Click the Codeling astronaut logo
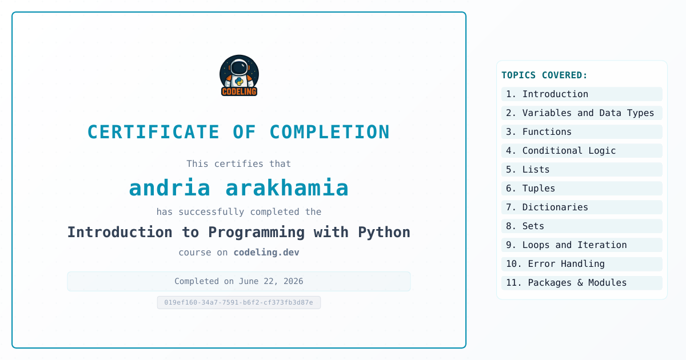239,75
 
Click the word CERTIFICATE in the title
153,132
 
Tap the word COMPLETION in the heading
329,132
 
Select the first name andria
170,187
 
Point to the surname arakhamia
287,187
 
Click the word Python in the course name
384,233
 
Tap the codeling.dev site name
266,252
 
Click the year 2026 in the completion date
293,281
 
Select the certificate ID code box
239,302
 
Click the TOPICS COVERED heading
544,75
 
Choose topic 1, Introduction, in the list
582,94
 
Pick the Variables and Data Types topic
582,113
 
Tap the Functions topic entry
582,131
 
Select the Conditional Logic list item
582,151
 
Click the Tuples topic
582,188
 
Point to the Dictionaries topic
582,207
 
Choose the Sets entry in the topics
582,226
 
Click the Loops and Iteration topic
582,245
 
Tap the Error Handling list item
582,264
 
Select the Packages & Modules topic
582,283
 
